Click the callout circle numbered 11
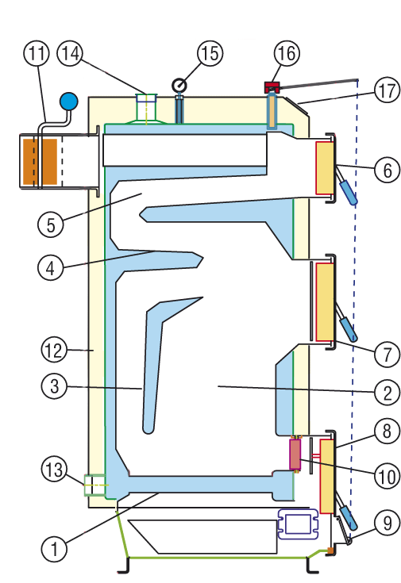pos(37,53)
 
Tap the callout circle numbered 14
pos(70,53)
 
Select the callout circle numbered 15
pos(210,53)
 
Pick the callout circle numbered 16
pos(287,53)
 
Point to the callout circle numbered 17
pos(387,90)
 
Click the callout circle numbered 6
pos(387,170)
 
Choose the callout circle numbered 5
pos(51,225)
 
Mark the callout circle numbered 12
pos(54,350)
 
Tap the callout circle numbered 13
pos(54,469)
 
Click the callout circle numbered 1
pos(54,549)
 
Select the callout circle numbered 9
pos(387,524)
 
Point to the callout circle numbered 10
pos(387,476)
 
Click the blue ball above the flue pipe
pos(69,102)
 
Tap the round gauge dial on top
pos(179,86)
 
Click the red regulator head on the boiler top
pos(272,87)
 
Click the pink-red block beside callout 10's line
pos(295,454)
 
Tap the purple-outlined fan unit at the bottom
pos(298,524)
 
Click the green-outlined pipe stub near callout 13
pos(95,485)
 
